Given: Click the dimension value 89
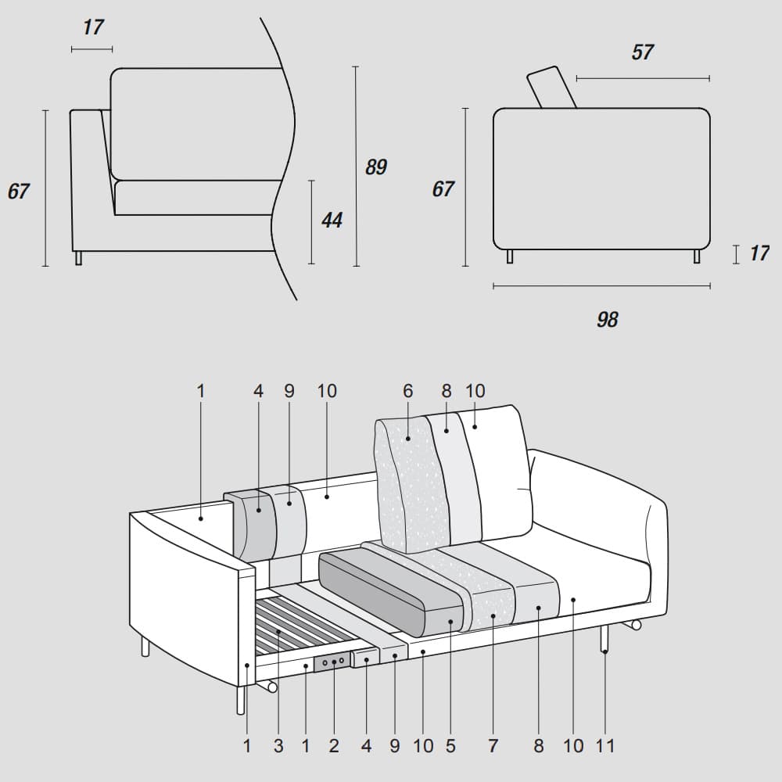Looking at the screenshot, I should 376,167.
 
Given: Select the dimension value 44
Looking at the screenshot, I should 332,221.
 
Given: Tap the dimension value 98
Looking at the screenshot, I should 607,319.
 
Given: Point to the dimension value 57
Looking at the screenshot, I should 642,52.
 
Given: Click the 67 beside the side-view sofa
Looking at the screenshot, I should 443,189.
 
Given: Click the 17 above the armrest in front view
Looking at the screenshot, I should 92,27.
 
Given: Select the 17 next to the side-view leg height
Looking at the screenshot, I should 759,253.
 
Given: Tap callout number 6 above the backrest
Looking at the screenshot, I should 407,391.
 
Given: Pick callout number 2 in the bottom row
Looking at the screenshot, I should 334,745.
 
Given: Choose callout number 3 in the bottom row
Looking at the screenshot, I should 278,745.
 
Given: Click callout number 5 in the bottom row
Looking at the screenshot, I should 450,745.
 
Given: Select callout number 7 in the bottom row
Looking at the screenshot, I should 493,745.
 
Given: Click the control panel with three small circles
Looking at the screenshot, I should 332,662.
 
